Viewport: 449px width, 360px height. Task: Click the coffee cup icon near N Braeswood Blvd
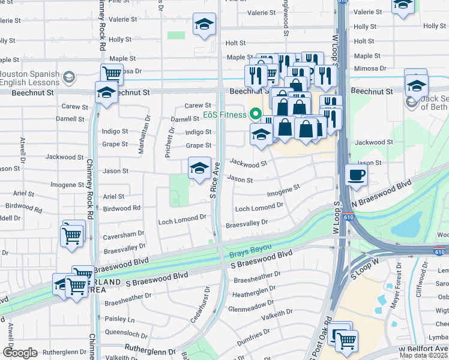357,175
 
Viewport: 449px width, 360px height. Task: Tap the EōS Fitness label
224,115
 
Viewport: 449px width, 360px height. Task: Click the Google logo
20,353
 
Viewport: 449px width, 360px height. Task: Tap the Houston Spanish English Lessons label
30,77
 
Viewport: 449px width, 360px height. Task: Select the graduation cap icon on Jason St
199,168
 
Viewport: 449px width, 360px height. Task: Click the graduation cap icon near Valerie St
204,25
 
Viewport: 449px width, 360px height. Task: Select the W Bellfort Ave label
423,349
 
